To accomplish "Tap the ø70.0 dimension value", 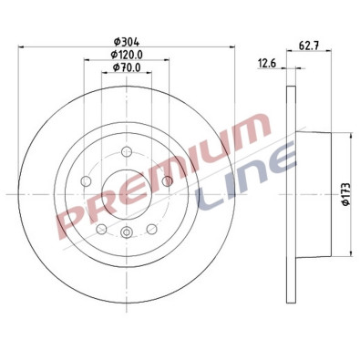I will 125,70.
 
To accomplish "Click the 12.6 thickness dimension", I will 267,63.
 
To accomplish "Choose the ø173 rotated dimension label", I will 345,192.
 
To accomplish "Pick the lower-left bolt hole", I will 101,228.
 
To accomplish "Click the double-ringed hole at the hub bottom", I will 125,235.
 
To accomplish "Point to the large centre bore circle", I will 125,194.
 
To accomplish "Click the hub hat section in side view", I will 310,194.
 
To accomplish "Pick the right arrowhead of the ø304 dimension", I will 234,47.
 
